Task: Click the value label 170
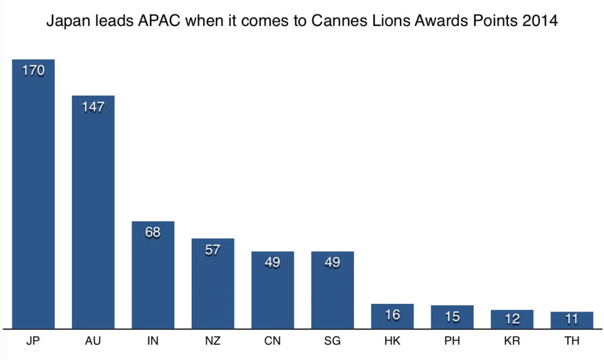pyautogui.click(x=34, y=71)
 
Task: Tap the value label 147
pyautogui.click(x=93, y=107)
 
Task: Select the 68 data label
pyautogui.click(x=153, y=233)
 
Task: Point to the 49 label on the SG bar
pyautogui.click(x=333, y=263)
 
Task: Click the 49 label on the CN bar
pyautogui.click(x=273, y=263)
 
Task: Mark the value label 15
pyautogui.click(x=452, y=316)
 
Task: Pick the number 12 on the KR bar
pyautogui.click(x=512, y=319)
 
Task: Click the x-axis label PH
pyautogui.click(x=452, y=342)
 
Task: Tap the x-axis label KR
pyautogui.click(x=512, y=342)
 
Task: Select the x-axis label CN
pyautogui.click(x=273, y=342)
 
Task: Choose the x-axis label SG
pyautogui.click(x=333, y=342)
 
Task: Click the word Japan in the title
pyautogui.click(x=66, y=23)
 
